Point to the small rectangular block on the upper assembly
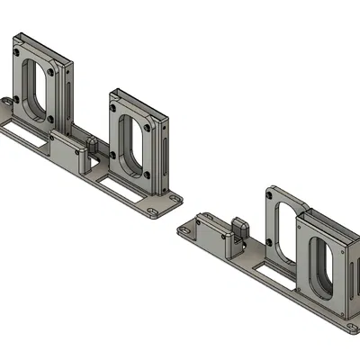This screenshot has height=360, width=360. click(67, 149)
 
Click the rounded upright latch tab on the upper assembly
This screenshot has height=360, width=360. click(94, 145)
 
